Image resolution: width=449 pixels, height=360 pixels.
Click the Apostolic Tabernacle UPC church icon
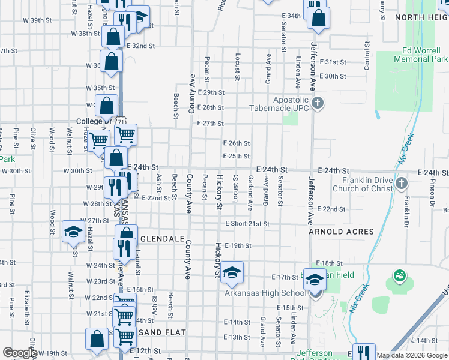click(318, 104)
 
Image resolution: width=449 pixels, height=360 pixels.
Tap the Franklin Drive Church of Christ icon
click(403, 182)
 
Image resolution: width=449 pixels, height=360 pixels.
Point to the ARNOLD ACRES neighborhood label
click(342, 232)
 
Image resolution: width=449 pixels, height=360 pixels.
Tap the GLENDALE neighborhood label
click(162, 238)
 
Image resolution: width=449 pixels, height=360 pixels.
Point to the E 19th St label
click(238, 245)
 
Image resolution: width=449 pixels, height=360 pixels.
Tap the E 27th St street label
click(210, 124)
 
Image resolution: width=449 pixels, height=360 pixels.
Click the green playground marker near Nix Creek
click(398, 276)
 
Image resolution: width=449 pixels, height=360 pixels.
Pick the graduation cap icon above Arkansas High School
click(231, 272)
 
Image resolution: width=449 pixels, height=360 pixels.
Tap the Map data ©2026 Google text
click(412, 355)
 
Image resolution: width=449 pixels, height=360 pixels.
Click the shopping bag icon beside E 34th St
click(318, 19)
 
